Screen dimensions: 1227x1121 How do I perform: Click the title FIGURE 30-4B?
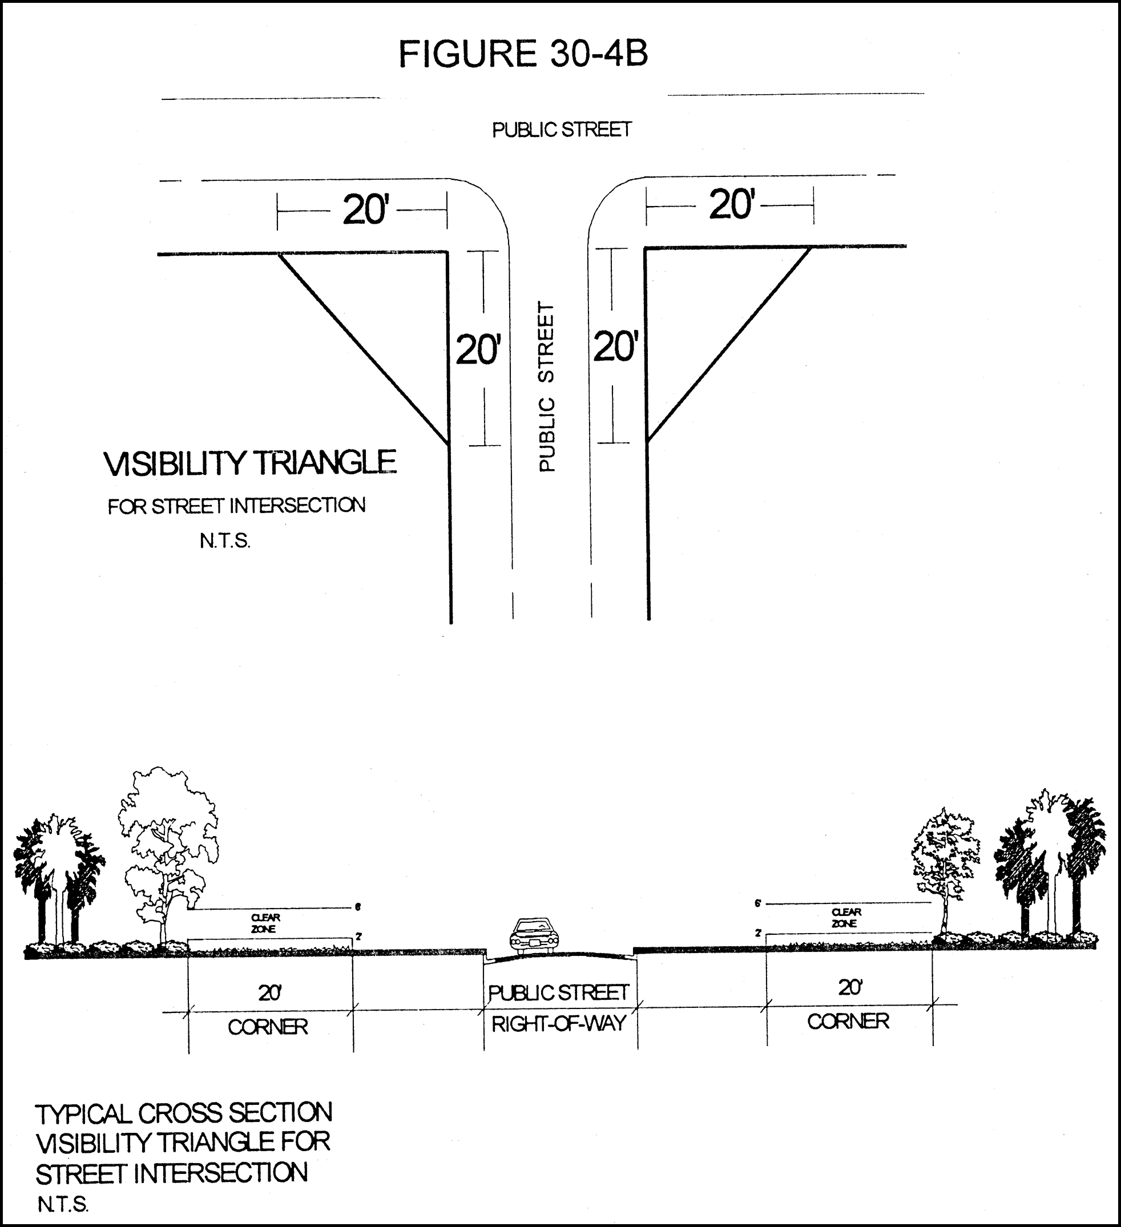tap(523, 54)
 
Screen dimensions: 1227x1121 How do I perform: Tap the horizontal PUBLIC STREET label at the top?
tap(561, 130)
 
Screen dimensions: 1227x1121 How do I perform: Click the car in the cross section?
tap(534, 935)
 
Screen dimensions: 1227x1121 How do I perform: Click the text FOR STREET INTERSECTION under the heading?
tap(237, 506)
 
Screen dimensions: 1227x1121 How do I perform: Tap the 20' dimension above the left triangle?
tap(365, 211)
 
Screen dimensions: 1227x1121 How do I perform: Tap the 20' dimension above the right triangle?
tap(732, 204)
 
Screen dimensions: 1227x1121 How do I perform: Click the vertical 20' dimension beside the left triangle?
tap(478, 350)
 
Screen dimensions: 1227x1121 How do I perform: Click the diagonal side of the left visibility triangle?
tap(364, 348)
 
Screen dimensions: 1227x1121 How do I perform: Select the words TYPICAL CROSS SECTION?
tap(184, 1114)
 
